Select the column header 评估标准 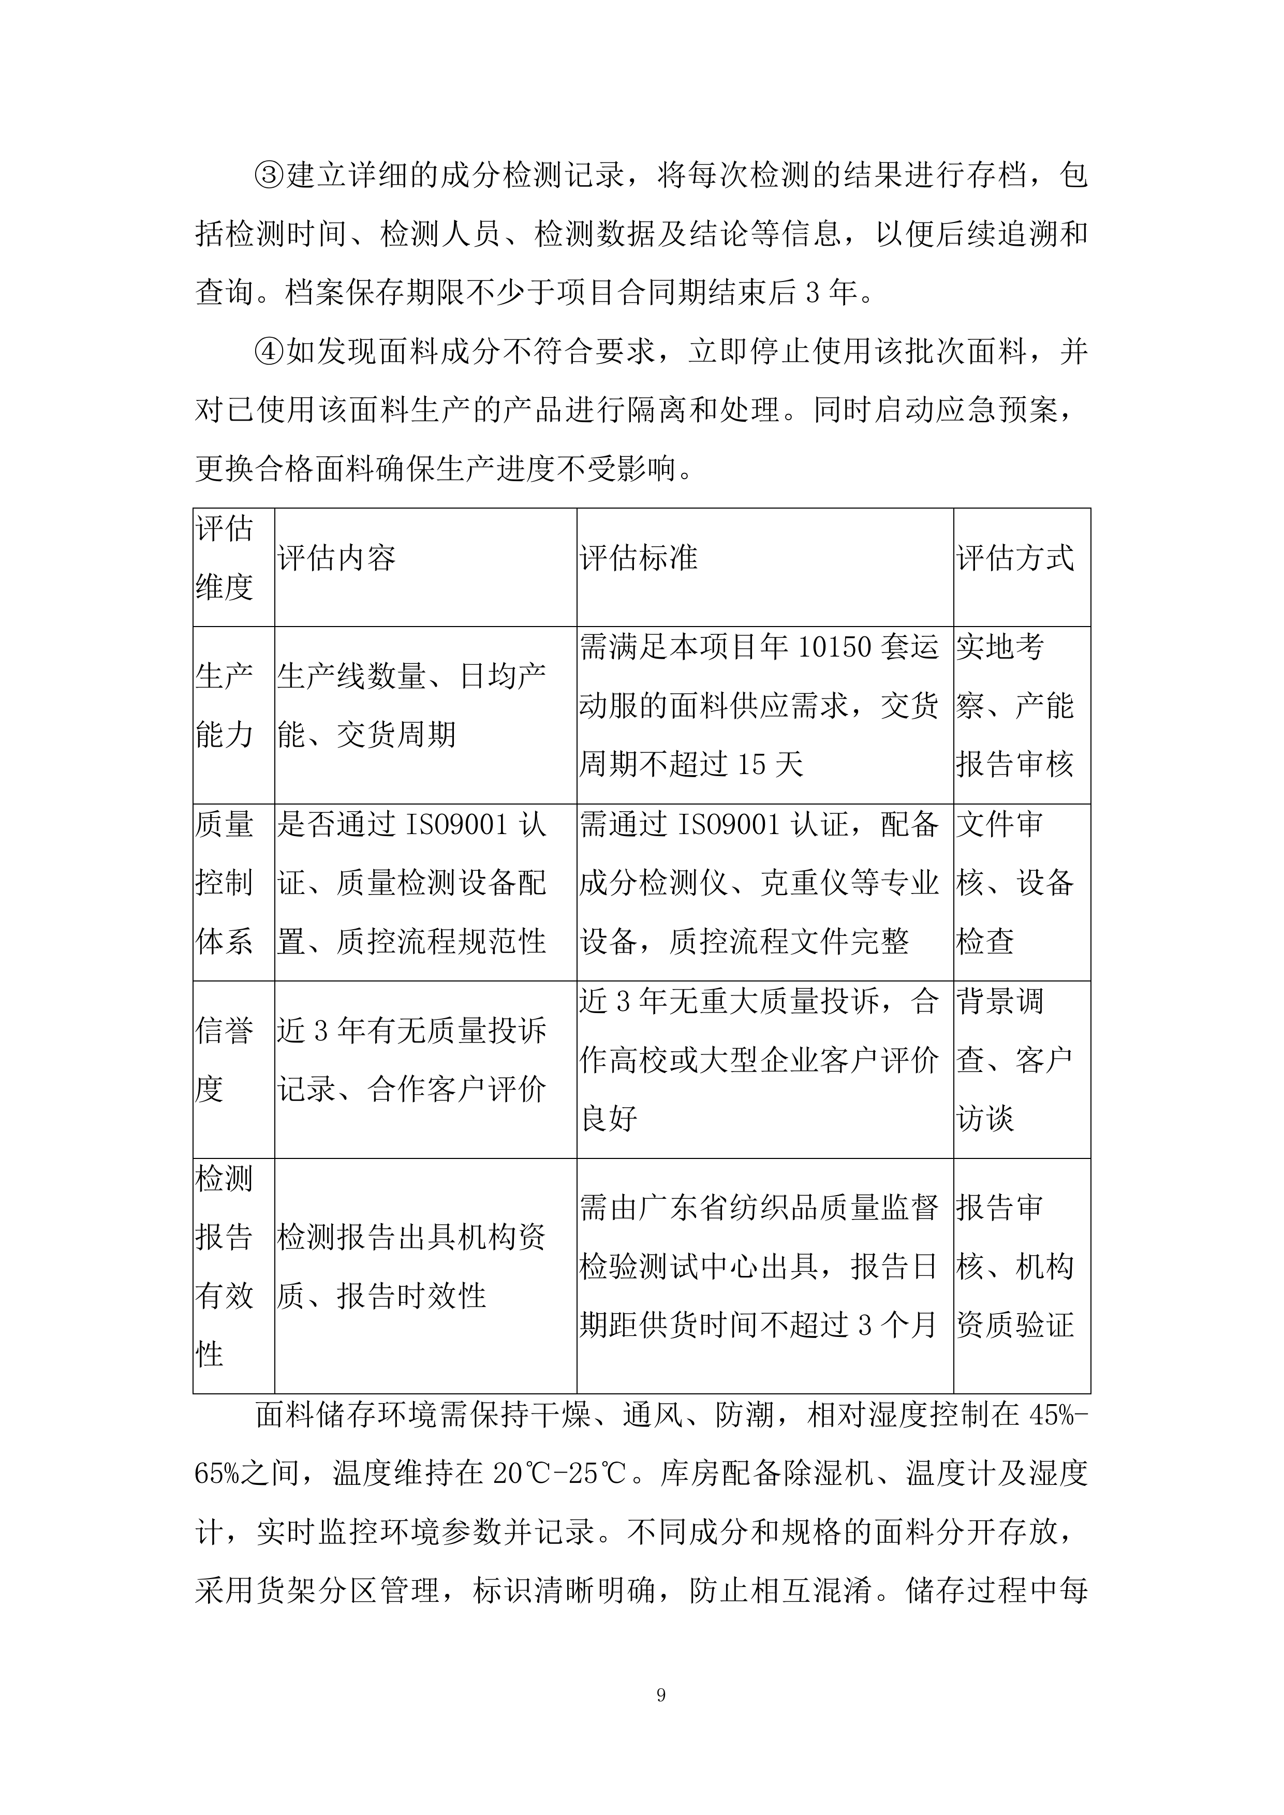(x=639, y=558)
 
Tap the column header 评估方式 (x=1015, y=558)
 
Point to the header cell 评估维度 (x=225, y=558)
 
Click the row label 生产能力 (x=225, y=705)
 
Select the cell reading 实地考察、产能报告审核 (x=1015, y=705)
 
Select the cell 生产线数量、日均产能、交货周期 (x=411, y=705)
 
